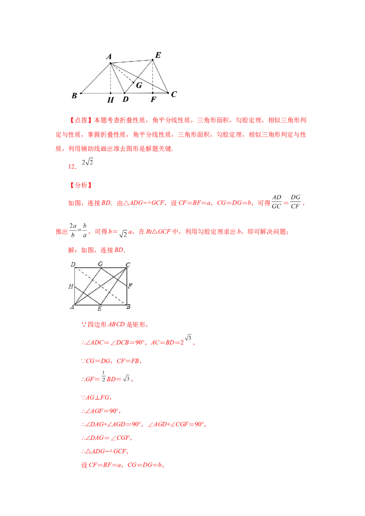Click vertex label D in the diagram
[x=73, y=264]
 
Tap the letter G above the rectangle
[x=100, y=263]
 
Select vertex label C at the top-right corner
[x=128, y=264]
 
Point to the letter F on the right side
[x=130, y=286]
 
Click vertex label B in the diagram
[x=129, y=307]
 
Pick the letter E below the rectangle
[x=99, y=309]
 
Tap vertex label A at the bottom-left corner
[x=72, y=307]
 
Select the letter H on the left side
[x=71, y=286]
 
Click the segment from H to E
[x=87, y=295]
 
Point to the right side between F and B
[x=126, y=295]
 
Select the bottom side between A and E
[x=87, y=305]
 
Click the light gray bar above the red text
[x=91, y=97]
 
